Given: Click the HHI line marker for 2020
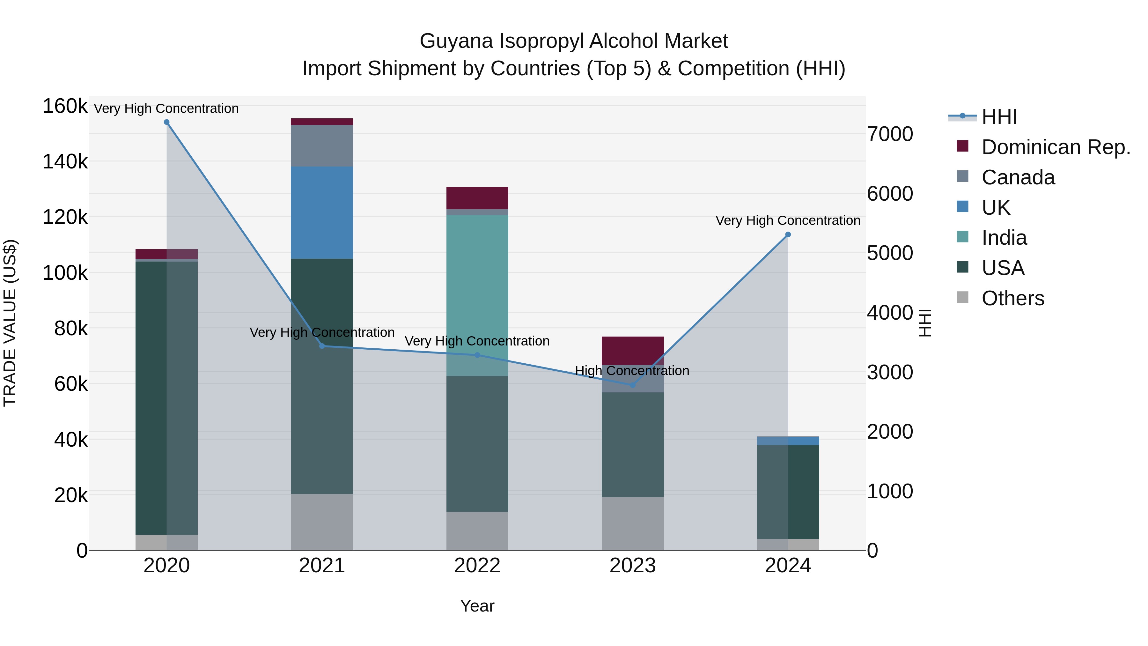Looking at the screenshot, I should (x=167, y=122).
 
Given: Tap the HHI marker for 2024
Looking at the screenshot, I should (x=788, y=234).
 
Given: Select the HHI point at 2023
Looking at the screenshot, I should (x=632, y=385).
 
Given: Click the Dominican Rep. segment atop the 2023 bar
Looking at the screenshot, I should (x=632, y=350).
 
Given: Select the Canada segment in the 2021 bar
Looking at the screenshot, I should (x=322, y=146).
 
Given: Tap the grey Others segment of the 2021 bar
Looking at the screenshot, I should (x=322, y=522).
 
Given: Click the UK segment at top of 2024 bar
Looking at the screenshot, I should (x=788, y=441).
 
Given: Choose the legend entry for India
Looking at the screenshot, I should (x=1004, y=238).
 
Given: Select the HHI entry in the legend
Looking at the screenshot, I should (x=999, y=117).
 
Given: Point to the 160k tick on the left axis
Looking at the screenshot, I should (x=65, y=106).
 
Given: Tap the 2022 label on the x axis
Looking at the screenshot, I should (x=477, y=566).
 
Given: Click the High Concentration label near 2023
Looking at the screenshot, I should (x=632, y=370).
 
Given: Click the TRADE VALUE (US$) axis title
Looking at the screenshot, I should (x=10, y=323).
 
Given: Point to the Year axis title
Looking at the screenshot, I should (x=477, y=606).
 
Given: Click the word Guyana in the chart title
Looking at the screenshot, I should (x=456, y=41).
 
